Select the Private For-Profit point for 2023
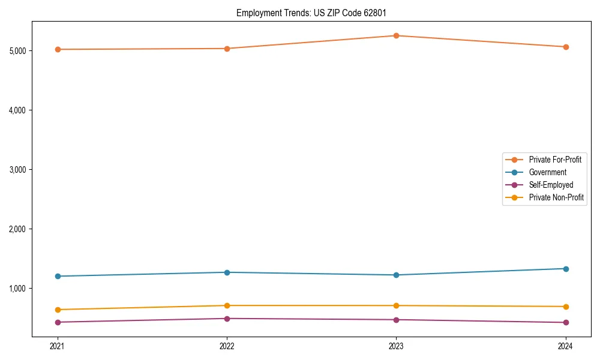[x=396, y=35]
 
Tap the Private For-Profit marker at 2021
[x=58, y=49]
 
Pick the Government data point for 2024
[x=565, y=269]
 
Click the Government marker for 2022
[x=227, y=272]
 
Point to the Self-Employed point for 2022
[x=227, y=319]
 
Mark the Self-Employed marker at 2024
[x=565, y=322]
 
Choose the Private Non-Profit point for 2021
[x=58, y=310]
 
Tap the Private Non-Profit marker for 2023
[x=396, y=306]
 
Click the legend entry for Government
[x=547, y=172]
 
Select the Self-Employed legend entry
[x=551, y=185]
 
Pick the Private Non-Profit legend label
[x=556, y=197]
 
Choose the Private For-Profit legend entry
[x=554, y=160]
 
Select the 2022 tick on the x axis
[x=227, y=346]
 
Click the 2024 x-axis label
[x=565, y=346]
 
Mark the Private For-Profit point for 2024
[x=565, y=47]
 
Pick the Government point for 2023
[x=396, y=275]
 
